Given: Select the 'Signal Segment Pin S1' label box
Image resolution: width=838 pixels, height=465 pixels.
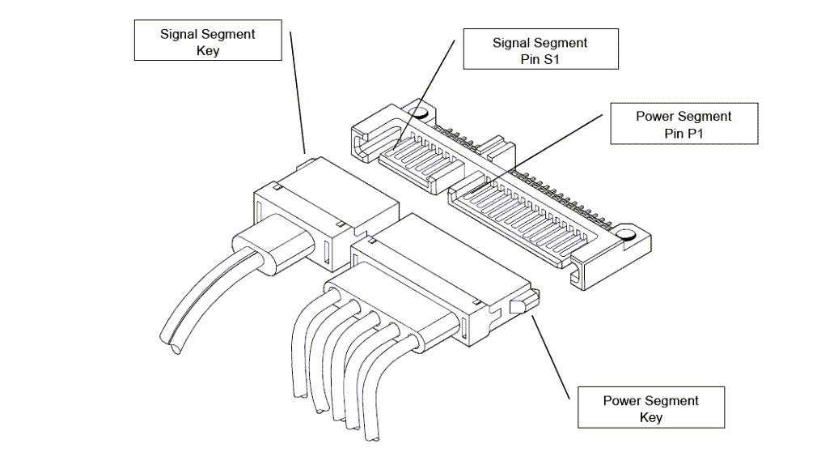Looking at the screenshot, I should pyautogui.click(x=540, y=50).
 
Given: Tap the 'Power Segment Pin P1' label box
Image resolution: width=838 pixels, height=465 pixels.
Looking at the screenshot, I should pyautogui.click(x=683, y=124).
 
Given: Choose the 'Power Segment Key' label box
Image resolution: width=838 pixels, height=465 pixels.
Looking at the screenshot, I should pyautogui.click(x=650, y=408).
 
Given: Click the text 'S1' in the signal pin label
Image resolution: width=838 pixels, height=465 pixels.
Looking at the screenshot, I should pyautogui.click(x=551, y=59).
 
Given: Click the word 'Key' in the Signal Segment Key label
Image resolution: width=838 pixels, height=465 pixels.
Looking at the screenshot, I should pyautogui.click(x=208, y=50).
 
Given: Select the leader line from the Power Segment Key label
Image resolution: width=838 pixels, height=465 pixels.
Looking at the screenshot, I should pyautogui.click(x=558, y=356).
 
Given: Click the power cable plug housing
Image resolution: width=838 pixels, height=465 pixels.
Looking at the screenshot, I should pyautogui.click(x=437, y=275).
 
